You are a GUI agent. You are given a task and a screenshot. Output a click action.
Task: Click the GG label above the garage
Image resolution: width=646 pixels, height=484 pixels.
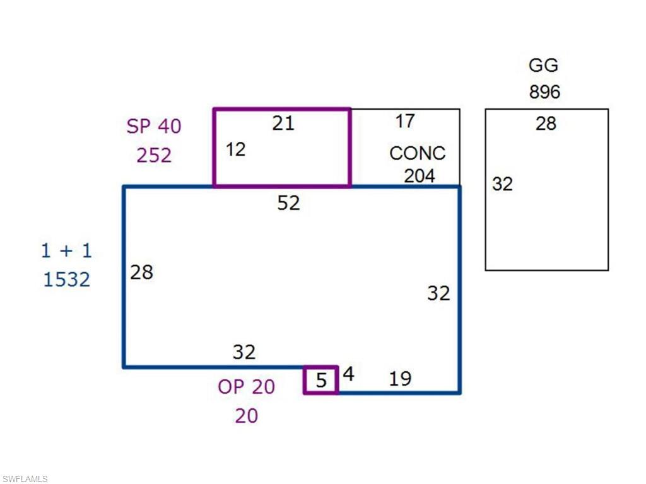click(543, 66)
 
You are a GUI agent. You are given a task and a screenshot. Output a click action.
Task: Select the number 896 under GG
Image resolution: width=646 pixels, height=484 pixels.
click(544, 92)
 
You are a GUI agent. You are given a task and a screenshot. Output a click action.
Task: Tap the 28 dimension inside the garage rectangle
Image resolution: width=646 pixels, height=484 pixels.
click(546, 124)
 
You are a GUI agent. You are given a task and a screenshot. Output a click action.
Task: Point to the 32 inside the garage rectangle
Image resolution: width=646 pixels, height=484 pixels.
click(503, 185)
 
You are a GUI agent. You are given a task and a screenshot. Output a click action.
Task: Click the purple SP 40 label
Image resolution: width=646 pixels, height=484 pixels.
click(153, 126)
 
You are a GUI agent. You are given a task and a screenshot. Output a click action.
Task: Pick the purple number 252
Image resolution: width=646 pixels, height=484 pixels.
click(154, 155)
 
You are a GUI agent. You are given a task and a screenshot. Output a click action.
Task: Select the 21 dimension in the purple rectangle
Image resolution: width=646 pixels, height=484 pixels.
click(283, 124)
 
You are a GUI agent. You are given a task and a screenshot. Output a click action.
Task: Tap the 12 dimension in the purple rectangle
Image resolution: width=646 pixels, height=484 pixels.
click(235, 150)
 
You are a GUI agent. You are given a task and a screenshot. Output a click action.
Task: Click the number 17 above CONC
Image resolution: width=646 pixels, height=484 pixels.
click(404, 121)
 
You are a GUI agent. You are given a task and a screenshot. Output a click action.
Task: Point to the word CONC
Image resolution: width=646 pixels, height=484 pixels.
click(417, 153)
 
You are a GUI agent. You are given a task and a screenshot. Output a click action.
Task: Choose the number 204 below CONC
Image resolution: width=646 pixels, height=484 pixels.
click(420, 176)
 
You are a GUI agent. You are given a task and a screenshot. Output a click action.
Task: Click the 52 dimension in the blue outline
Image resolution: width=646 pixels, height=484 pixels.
click(289, 203)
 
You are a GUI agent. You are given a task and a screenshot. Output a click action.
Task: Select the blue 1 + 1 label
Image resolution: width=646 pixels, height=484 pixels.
click(66, 251)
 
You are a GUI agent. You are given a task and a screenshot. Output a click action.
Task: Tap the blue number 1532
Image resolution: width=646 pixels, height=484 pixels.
click(67, 279)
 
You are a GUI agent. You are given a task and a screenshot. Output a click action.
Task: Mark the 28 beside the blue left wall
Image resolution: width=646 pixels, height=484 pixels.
click(142, 272)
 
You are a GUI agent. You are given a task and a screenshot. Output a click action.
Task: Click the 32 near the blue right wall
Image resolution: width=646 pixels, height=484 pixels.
click(438, 293)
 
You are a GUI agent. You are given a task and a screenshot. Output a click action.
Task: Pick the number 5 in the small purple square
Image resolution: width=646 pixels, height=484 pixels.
click(322, 381)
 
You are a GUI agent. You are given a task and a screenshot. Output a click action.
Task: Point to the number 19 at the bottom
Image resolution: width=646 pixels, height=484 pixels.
click(400, 378)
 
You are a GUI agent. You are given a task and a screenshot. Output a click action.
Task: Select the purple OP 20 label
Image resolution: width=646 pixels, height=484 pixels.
click(247, 387)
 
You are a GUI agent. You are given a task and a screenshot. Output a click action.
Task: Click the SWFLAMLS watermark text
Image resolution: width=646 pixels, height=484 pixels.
click(25, 479)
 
